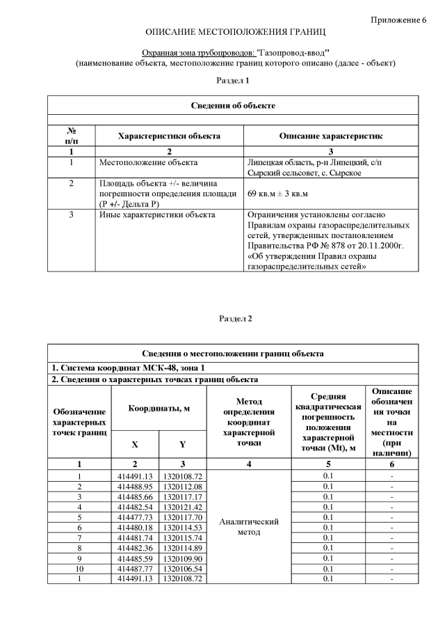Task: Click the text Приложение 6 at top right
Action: point(398,19)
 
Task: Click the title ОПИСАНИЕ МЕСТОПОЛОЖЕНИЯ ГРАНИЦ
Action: point(235,33)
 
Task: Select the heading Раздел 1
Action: point(233,81)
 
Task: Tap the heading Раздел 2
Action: point(235,318)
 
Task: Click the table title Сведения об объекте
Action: point(233,105)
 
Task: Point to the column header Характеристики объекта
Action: point(169,136)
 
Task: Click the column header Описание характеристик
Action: point(330,136)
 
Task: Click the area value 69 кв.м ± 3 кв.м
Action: point(277,193)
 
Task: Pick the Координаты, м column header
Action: point(159,408)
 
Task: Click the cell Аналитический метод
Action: point(248,527)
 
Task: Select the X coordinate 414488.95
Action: point(136,486)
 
